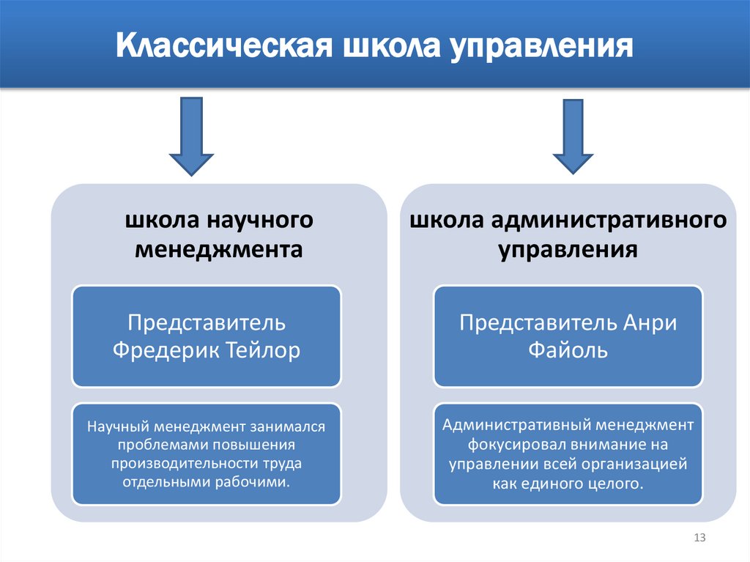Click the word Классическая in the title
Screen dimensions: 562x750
pyautogui.click(x=222, y=49)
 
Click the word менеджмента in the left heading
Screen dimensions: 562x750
pyautogui.click(x=219, y=249)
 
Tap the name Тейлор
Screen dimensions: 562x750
pyautogui.click(x=267, y=350)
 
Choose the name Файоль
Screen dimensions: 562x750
pyautogui.click(x=568, y=350)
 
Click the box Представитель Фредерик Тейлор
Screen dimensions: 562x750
pyautogui.click(x=207, y=336)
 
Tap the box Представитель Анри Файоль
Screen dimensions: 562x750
pyautogui.click(x=568, y=336)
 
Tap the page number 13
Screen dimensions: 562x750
pyautogui.click(x=699, y=539)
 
